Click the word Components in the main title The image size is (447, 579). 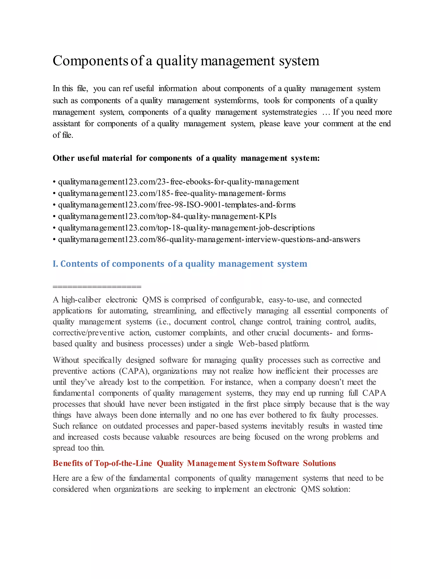point(90,61)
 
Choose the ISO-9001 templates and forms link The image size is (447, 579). point(177,205)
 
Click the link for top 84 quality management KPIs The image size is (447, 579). point(167,216)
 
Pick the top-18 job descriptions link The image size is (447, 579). point(186,228)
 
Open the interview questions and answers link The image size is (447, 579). point(209,239)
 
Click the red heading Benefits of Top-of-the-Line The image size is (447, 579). point(194,463)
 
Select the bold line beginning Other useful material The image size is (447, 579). point(186,158)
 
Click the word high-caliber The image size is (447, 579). point(81,300)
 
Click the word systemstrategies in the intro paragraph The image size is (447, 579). point(289,112)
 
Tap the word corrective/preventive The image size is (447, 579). point(88,333)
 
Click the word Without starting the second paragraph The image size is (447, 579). point(66,360)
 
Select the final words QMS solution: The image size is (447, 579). point(325,489)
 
